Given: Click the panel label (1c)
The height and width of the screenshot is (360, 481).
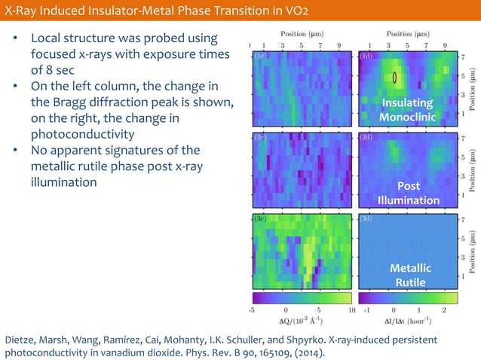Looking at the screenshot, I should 260,56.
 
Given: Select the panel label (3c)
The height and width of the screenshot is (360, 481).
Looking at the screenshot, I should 260,218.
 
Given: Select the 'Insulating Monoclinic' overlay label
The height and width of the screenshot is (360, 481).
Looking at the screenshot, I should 407,110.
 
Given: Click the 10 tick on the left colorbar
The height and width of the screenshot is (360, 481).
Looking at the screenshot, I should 351,309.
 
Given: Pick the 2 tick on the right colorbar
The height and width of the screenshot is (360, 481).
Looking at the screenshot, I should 444,309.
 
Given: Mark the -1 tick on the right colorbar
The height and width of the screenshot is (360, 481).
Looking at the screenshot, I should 366,309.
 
